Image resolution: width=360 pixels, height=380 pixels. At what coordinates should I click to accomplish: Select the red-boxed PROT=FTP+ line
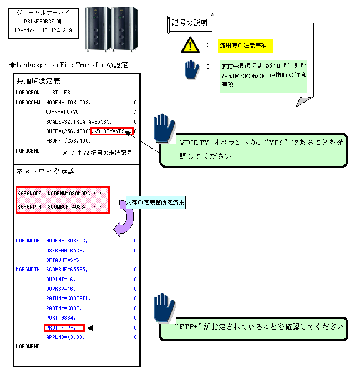tap(63, 327)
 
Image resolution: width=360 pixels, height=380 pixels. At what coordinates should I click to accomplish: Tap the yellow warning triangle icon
tap(190, 44)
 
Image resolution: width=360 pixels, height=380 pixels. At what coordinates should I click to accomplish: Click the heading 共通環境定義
tap(38, 81)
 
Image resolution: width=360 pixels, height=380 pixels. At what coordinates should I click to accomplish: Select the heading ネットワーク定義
tap(42, 172)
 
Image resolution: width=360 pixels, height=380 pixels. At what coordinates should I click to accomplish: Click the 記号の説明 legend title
tap(190, 23)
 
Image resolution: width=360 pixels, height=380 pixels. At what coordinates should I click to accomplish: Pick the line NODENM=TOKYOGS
tap(68, 102)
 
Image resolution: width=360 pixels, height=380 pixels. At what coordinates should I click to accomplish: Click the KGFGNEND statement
tap(28, 346)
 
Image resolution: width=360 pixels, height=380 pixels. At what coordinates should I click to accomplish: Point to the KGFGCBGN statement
tap(28, 92)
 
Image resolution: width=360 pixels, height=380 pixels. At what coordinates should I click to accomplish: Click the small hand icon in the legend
tap(191, 70)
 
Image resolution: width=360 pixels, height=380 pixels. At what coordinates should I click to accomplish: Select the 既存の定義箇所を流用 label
tap(155, 203)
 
